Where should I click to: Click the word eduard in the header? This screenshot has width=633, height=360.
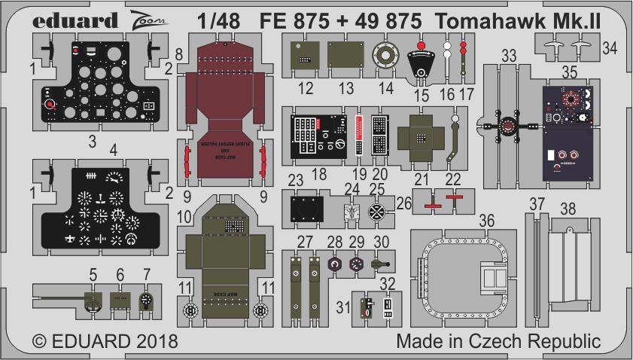[x=76, y=20]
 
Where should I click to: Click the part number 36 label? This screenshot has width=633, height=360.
[x=487, y=220]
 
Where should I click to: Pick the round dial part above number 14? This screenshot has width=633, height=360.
[x=385, y=56]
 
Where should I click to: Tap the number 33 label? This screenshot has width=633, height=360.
[x=510, y=55]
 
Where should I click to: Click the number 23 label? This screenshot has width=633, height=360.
[x=295, y=180]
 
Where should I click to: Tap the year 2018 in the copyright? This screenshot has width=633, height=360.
[x=154, y=341]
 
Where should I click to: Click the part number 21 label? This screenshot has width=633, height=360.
[x=420, y=178]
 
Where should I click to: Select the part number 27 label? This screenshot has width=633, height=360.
[x=305, y=242]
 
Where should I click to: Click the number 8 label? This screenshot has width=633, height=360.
[x=179, y=54]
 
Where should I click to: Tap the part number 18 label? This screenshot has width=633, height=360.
[x=318, y=174]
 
